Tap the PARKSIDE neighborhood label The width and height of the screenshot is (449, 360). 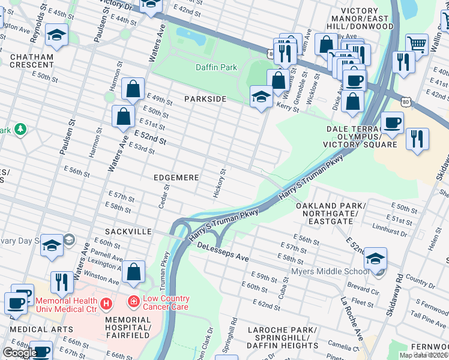tap(205, 98)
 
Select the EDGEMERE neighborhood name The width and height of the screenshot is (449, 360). tap(175, 178)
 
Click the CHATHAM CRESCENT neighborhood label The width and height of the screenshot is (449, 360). tap(32, 61)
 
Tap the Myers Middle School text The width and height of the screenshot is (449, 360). tap(330, 272)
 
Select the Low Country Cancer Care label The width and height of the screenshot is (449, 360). tap(158, 302)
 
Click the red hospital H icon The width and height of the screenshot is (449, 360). tap(106, 304)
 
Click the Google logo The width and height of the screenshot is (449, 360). tap(20, 353)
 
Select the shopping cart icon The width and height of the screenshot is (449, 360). tap(417, 43)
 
